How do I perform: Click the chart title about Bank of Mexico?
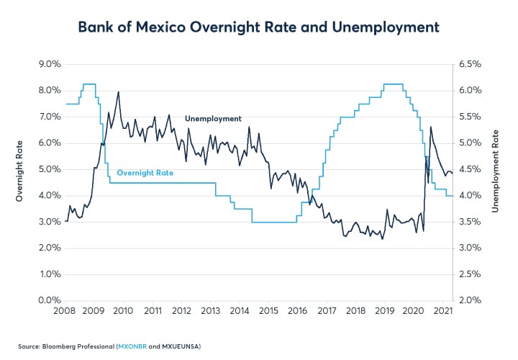pyautogui.click(x=258, y=27)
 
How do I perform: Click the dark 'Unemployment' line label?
pyautogui.click(x=213, y=119)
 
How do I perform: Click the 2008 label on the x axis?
pyautogui.click(x=65, y=311)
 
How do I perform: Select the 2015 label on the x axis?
pyautogui.click(x=269, y=311)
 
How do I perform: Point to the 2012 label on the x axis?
pyautogui.click(x=181, y=311)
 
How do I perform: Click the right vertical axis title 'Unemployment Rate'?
pyautogui.click(x=496, y=182)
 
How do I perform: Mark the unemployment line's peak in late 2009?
pyautogui.click(x=118, y=92)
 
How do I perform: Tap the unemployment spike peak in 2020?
pyautogui.click(x=430, y=127)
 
